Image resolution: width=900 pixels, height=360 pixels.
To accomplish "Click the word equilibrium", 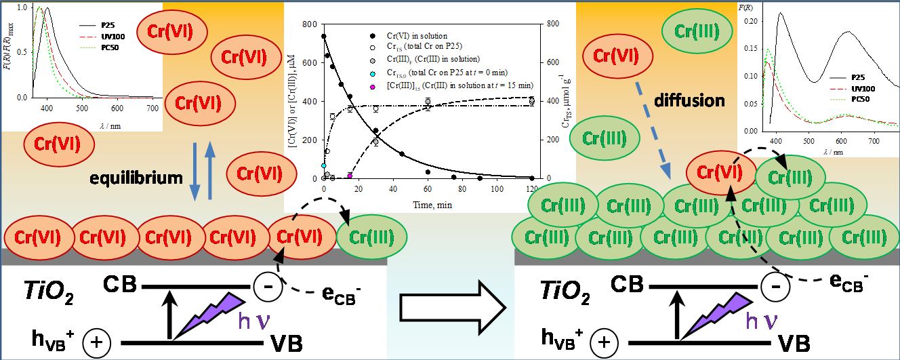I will tap(138, 178).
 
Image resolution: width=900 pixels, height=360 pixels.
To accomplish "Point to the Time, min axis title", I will tap(426, 204).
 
